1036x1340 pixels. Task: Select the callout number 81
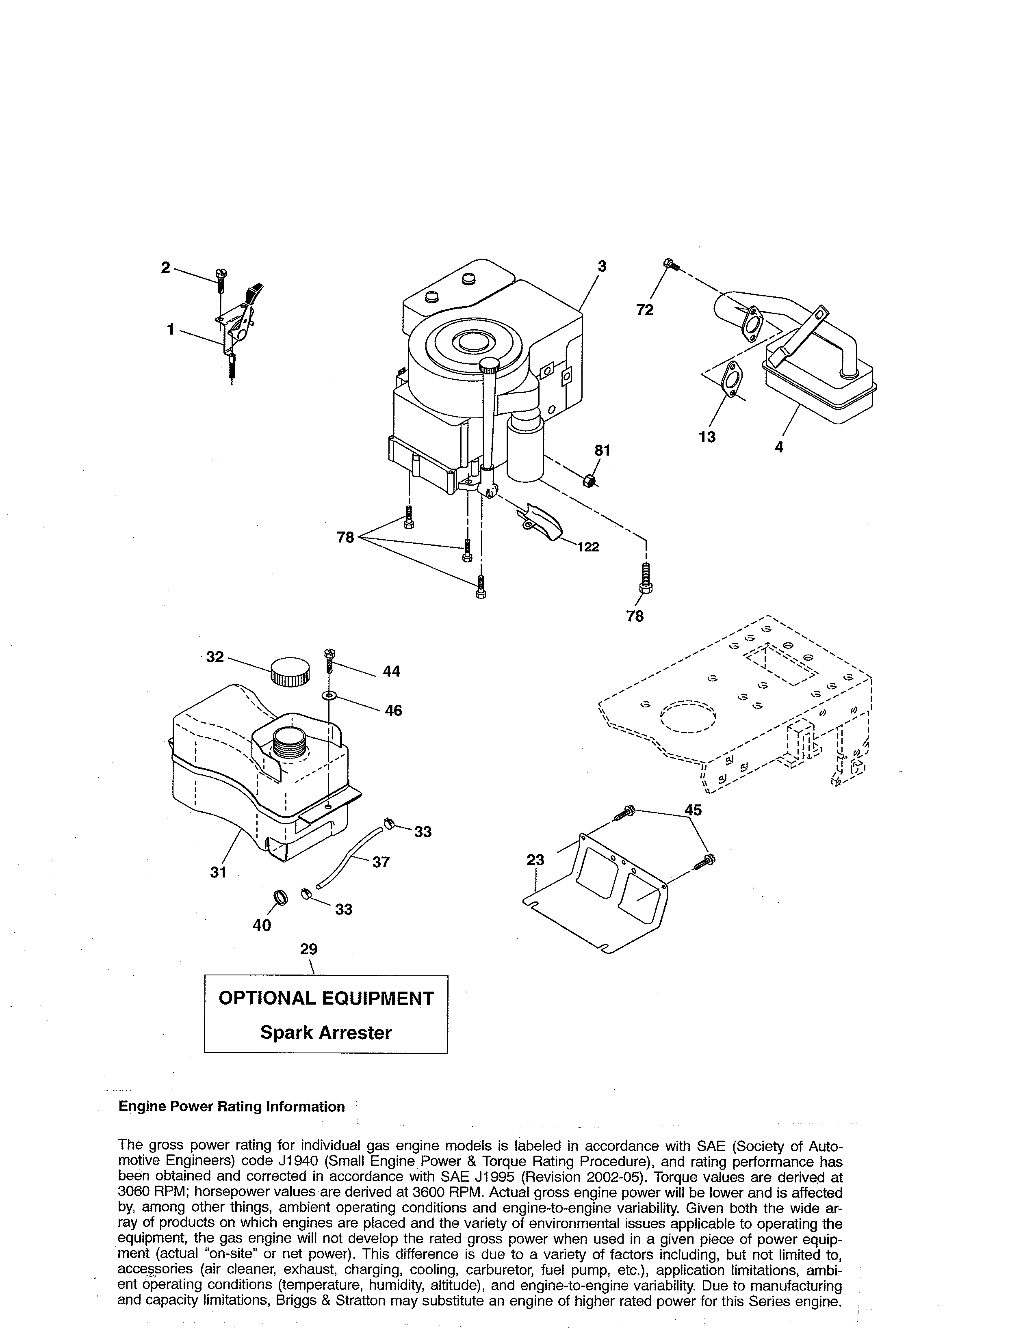click(x=602, y=450)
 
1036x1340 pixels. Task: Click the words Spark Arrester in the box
click(x=325, y=1033)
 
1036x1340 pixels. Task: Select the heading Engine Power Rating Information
click(x=232, y=1107)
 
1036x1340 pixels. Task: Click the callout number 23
click(x=535, y=860)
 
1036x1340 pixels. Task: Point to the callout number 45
click(x=693, y=810)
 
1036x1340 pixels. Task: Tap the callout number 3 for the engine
click(x=602, y=266)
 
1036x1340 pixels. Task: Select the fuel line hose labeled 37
click(x=350, y=856)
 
